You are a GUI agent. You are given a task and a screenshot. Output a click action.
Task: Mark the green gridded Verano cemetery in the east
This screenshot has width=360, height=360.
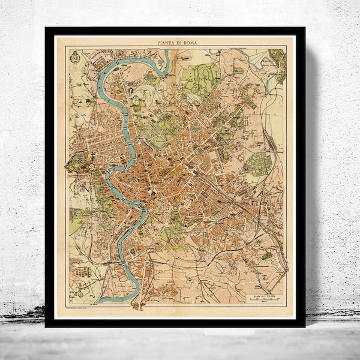click(259, 164)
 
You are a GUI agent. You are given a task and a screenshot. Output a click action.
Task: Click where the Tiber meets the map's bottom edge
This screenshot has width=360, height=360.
click(106, 301)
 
